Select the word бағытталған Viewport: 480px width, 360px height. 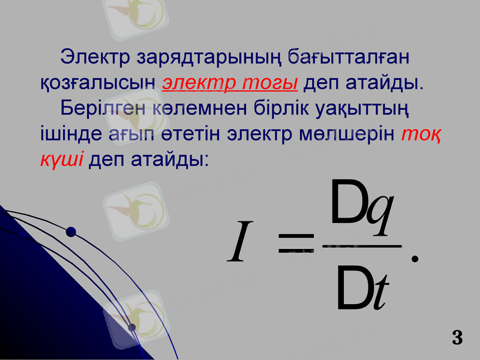(349, 58)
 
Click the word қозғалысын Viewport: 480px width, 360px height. (98, 83)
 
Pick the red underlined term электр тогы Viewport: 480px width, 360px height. (230, 83)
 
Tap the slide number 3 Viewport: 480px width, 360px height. (457, 337)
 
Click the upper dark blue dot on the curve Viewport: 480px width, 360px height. (71, 232)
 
